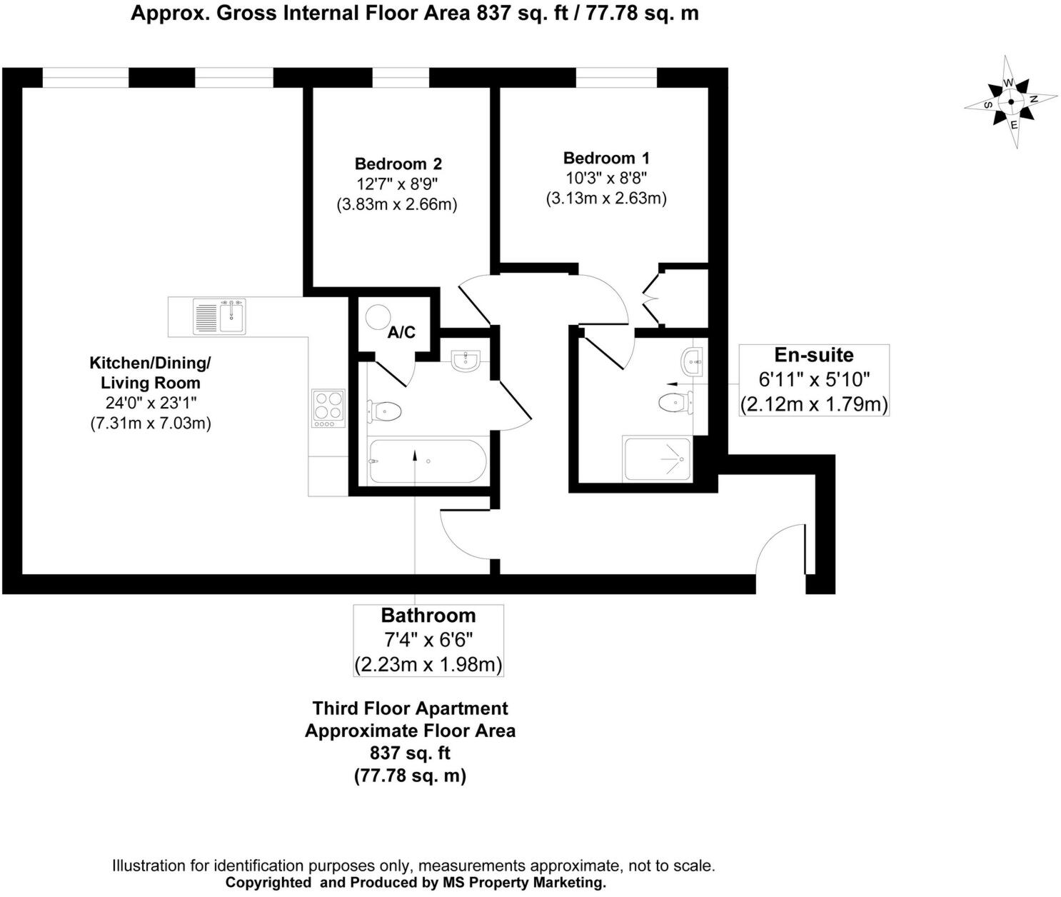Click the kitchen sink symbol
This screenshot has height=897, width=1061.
[x=219, y=316]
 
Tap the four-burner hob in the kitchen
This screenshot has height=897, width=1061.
[x=328, y=408]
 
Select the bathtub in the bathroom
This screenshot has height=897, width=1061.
[x=427, y=462]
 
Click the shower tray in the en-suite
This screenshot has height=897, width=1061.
[x=656, y=458]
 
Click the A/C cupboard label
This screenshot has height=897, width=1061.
[x=401, y=332]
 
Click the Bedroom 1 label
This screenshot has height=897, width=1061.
[x=606, y=158]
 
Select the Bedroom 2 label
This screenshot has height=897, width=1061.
[x=398, y=164]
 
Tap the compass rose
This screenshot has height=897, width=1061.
[x=1011, y=102]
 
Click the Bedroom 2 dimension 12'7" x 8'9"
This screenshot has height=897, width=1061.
[x=397, y=184]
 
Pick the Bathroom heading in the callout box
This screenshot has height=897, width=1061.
[x=428, y=616]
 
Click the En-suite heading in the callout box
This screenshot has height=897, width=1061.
[x=813, y=355]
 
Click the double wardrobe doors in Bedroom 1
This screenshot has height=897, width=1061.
[x=651, y=296]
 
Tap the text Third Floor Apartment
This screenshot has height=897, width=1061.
[x=410, y=708]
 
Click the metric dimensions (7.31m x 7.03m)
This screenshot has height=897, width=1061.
[x=150, y=423]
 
